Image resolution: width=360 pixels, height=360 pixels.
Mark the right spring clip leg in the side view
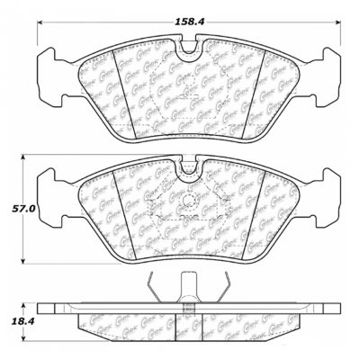[230, 290]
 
